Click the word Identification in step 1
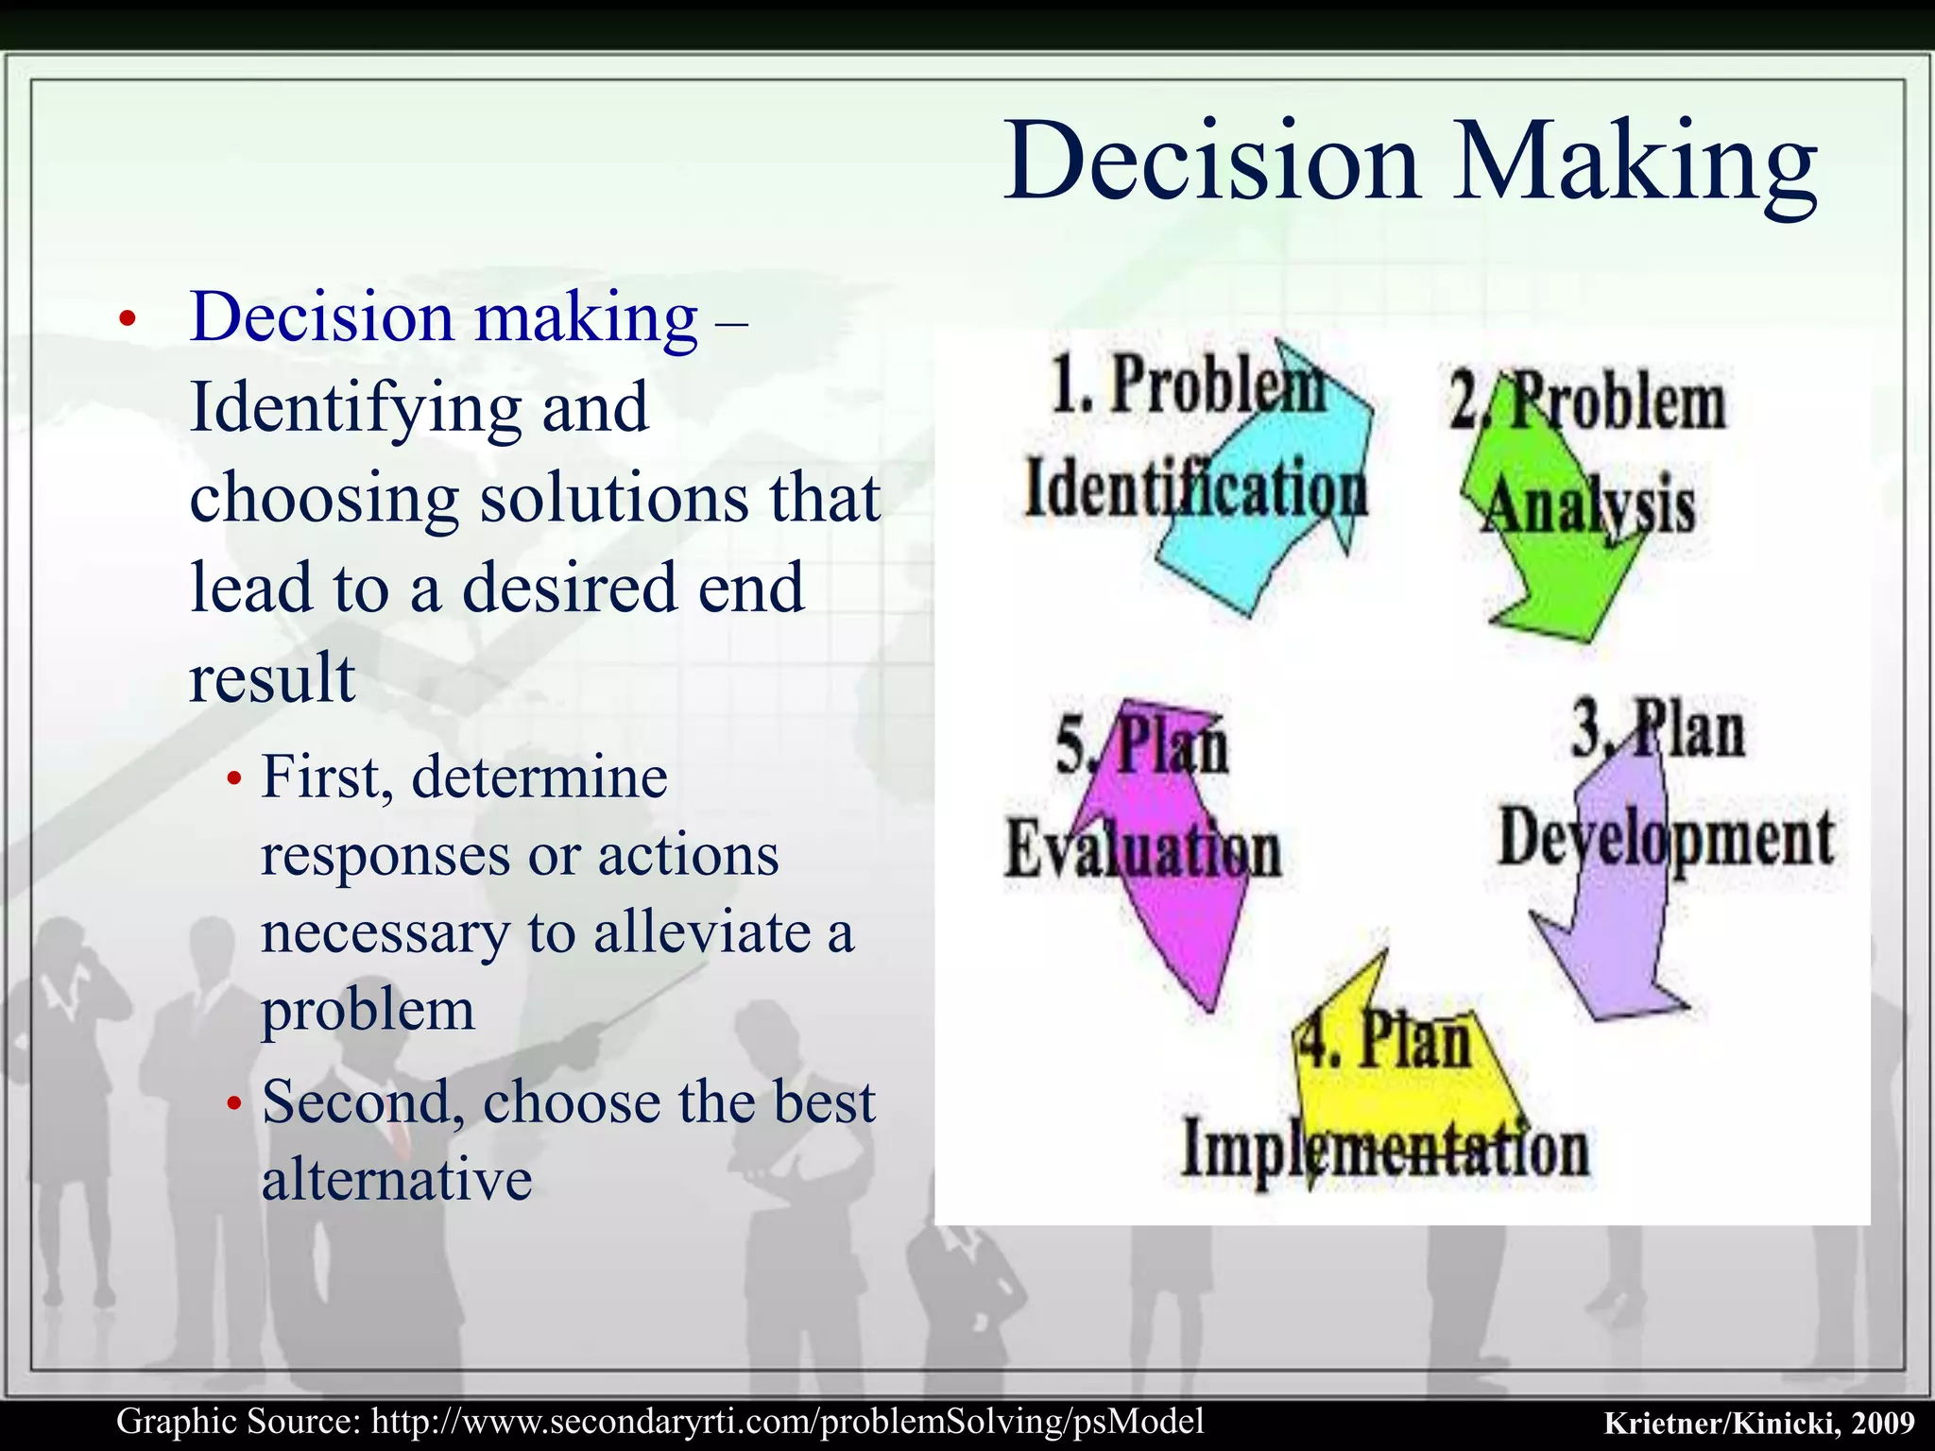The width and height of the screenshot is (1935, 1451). [x=1196, y=489]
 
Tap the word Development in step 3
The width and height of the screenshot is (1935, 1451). [x=1666, y=838]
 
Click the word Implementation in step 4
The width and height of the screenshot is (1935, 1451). [x=1385, y=1150]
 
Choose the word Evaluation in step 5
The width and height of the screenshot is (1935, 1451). [x=1142, y=848]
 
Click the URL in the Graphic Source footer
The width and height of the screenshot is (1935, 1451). [x=788, y=1421]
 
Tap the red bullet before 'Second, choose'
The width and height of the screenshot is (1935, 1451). [x=235, y=1103]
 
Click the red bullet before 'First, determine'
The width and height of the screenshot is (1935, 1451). [x=235, y=779]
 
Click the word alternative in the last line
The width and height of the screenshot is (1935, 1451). [x=397, y=1180]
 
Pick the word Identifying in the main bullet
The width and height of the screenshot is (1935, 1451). [x=354, y=407]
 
